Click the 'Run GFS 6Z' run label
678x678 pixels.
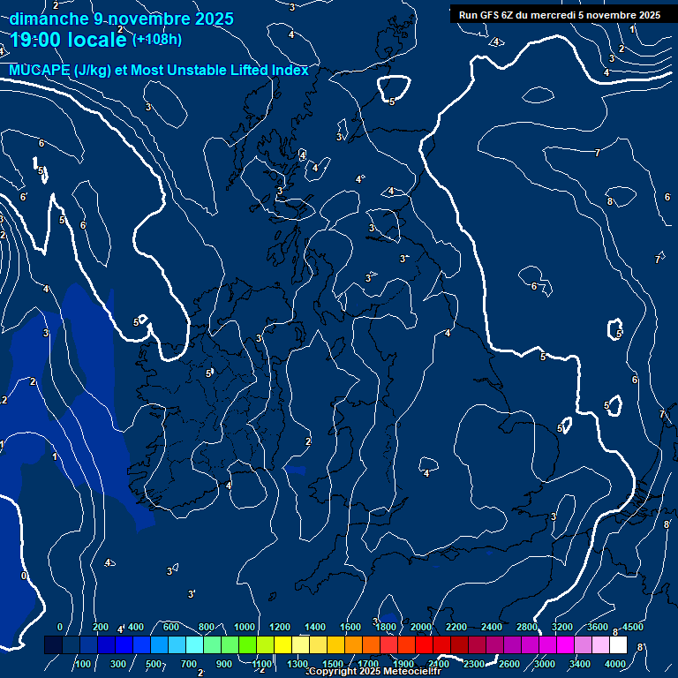tap(491, 15)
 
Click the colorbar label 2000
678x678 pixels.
tap(421, 627)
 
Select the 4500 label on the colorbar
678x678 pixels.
tap(632, 627)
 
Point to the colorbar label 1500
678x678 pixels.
tap(333, 664)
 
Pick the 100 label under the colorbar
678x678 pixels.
tap(84, 664)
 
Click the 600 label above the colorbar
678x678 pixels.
tap(171, 627)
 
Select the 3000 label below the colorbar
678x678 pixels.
tap(544, 664)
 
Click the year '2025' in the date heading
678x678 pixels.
tap(215, 19)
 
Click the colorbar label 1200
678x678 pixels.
tap(280, 627)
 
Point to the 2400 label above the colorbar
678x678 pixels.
tap(492, 627)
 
